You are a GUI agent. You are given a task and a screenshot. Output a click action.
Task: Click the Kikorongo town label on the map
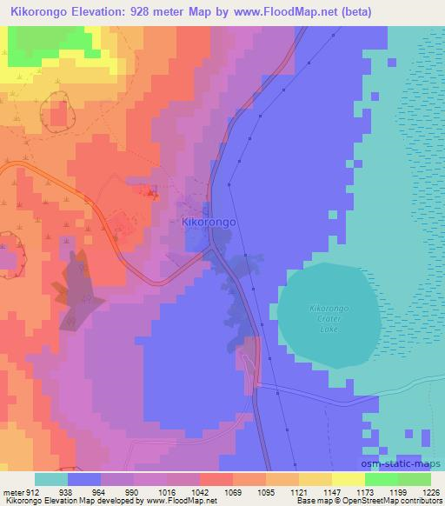[x=209, y=222]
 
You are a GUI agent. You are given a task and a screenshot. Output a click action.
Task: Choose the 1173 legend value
[x=353, y=491]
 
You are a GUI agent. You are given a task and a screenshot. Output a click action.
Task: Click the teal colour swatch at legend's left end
[x=50, y=479]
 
